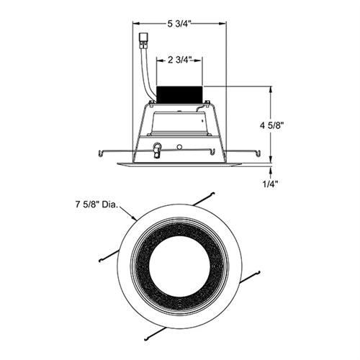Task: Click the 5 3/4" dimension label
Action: pos(179,24)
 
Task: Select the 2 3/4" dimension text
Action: pos(179,60)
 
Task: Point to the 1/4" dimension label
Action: pos(270,184)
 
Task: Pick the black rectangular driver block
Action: pos(179,94)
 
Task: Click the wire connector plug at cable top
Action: pos(143,41)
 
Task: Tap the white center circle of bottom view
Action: pos(179,266)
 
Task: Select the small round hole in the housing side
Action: pos(179,146)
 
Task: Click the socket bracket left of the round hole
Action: pos(157,150)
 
